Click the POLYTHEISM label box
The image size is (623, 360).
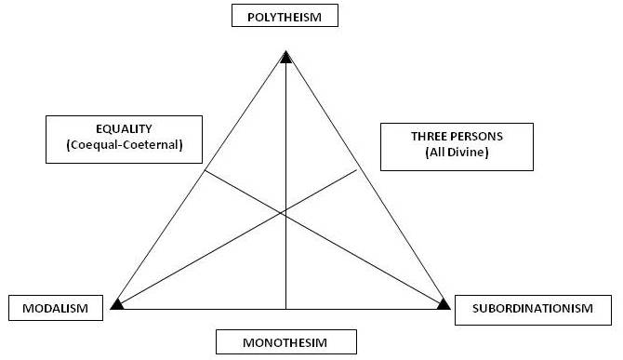coord(285,16)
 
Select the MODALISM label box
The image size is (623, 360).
coord(55,308)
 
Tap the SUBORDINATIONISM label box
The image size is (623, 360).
coord(537,308)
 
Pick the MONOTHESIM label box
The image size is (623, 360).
coord(285,341)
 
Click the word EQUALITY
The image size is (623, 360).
coord(123,129)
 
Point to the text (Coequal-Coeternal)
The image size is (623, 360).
coord(123,145)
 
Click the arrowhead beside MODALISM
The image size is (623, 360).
coord(116,303)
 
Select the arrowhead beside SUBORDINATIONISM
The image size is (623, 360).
coord(444,303)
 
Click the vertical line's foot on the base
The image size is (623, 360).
coord(285,308)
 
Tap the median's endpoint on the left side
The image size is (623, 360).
coord(205,170)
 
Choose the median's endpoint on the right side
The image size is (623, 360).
coord(358,168)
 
